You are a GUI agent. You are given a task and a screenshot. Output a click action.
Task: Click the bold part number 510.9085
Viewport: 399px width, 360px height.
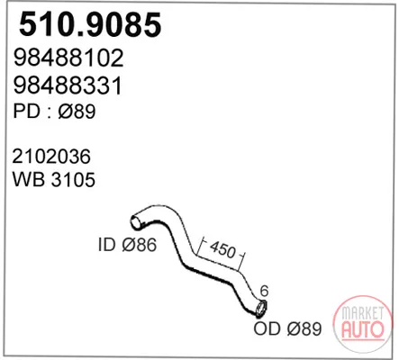(x=90, y=24)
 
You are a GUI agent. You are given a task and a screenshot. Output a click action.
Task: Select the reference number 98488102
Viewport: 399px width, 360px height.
(x=68, y=58)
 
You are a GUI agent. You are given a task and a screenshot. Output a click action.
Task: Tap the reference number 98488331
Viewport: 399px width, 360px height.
(x=68, y=85)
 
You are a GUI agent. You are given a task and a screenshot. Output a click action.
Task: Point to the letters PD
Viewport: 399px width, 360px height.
(x=26, y=111)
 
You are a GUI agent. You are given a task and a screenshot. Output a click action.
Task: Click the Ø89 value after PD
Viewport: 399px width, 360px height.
(x=77, y=111)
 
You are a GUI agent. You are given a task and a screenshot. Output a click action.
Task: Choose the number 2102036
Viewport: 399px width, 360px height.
(x=51, y=157)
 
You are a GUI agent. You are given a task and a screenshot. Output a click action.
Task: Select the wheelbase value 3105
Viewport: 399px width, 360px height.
(x=74, y=179)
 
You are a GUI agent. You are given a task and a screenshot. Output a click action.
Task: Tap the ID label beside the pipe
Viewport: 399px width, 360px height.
(x=107, y=244)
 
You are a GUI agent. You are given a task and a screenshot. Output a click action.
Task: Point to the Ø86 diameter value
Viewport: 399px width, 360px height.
(x=140, y=244)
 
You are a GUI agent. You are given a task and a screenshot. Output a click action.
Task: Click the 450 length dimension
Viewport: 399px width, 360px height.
(x=222, y=249)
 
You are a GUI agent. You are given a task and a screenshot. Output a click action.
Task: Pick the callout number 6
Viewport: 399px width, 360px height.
(x=264, y=291)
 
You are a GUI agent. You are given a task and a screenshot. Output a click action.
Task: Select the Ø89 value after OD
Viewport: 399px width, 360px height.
(x=304, y=328)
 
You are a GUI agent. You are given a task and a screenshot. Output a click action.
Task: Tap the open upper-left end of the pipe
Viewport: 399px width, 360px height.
(x=136, y=222)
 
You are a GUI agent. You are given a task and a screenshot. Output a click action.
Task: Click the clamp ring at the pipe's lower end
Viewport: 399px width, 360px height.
(x=261, y=308)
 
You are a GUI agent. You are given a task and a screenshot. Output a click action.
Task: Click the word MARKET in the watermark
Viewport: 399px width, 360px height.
(x=363, y=313)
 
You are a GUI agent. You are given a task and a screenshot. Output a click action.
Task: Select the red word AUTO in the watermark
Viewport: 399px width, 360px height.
(x=363, y=329)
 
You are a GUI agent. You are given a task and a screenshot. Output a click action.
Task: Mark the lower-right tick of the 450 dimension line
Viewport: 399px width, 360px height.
(x=243, y=255)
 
